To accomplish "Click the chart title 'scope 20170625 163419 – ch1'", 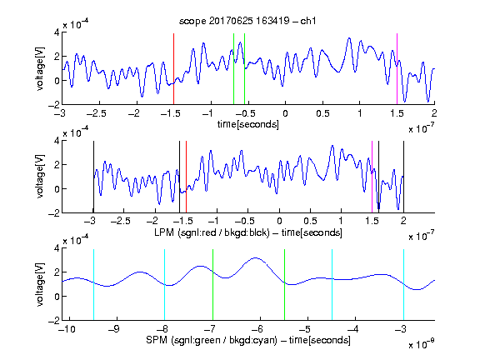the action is pyautogui.click(x=247, y=21).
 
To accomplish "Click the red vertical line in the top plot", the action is pyautogui.click(x=173, y=69).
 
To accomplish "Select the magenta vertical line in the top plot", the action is pyautogui.click(x=397, y=69).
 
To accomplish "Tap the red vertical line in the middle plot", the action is pyautogui.click(x=186, y=177).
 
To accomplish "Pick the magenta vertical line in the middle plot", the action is pyautogui.click(x=372, y=177).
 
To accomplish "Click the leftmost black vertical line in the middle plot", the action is pyautogui.click(x=93, y=177).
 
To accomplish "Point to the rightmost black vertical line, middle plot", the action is pyautogui.click(x=403, y=177).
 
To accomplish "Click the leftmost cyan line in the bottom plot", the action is pyautogui.click(x=93, y=285).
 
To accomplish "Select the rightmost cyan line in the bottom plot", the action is pyautogui.click(x=403, y=285).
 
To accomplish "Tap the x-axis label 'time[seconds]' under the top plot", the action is pyautogui.click(x=248, y=124).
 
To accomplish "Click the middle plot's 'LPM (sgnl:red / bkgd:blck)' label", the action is pyautogui.click(x=212, y=232).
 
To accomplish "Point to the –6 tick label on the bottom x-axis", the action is pyautogui.click(x=257, y=329).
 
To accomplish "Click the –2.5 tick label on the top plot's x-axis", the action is pyautogui.click(x=97, y=113).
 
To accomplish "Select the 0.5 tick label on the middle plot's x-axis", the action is pyautogui.click(x=310, y=222).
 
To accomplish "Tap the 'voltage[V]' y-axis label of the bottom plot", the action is pyautogui.click(x=40, y=285).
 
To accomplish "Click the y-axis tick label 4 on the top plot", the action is pyautogui.click(x=57, y=32).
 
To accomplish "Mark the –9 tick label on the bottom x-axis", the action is pyautogui.click(x=114, y=329).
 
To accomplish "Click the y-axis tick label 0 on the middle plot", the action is pyautogui.click(x=57, y=189).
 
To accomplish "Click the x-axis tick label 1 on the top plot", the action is pyautogui.click(x=360, y=113).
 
